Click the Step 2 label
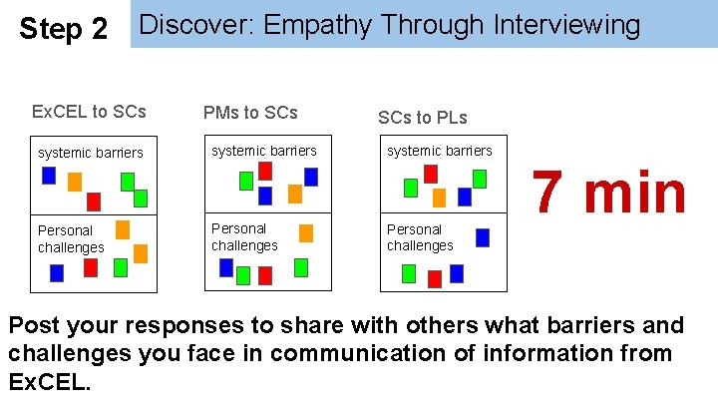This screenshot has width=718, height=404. pos(64,29)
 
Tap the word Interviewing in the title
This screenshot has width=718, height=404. pos(567,25)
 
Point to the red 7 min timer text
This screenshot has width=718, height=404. pos(608,193)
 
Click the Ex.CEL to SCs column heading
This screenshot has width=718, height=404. pos(89,111)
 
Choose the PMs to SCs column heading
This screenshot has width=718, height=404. pos(250,112)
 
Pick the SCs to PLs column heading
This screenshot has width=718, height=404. pos(422,118)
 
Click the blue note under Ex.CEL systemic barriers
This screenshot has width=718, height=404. pos(49,176)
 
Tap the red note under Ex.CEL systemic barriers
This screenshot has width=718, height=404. pos(94,202)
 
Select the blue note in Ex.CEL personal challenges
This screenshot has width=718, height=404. pos(57,272)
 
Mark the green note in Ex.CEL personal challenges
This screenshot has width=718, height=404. pos(121,267)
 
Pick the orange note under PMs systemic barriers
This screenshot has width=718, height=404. pos(295,194)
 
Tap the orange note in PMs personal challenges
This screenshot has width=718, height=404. pos(306,233)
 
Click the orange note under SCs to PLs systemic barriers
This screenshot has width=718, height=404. pos(439,198)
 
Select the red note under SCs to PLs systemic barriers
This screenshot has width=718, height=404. pos(431,174)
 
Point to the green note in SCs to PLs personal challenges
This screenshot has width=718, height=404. pos(409,273)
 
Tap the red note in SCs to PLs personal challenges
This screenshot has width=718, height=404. pos(435,278)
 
